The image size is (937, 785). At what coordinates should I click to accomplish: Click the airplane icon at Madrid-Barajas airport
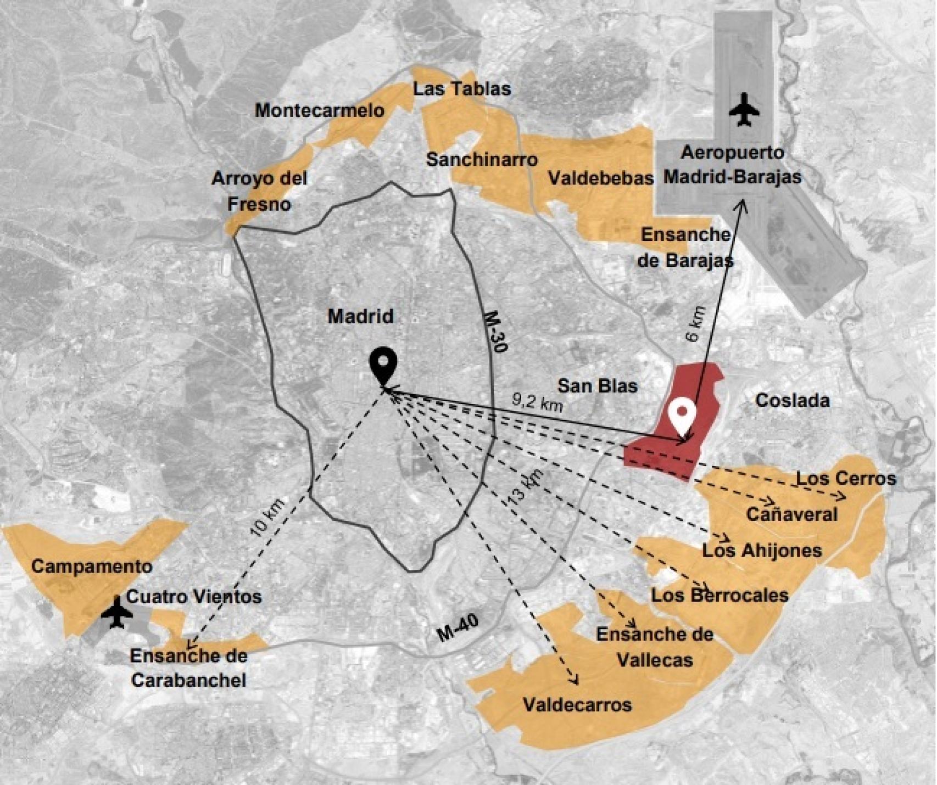coord(744,109)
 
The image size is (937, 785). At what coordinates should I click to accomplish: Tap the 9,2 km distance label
coord(537,403)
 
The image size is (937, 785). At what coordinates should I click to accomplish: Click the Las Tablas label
coord(462,89)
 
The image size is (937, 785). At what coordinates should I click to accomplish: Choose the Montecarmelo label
coord(320,110)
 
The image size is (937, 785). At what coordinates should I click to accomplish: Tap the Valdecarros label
coord(577,704)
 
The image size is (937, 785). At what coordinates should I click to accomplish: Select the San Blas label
coord(598,385)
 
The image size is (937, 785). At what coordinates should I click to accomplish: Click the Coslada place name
coord(792,400)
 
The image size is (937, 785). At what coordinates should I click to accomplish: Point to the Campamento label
coord(92,566)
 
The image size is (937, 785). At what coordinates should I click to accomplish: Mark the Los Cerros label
coord(846,478)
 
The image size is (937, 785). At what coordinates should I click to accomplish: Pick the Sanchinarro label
coord(482,160)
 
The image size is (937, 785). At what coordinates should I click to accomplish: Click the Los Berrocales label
coord(720,595)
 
